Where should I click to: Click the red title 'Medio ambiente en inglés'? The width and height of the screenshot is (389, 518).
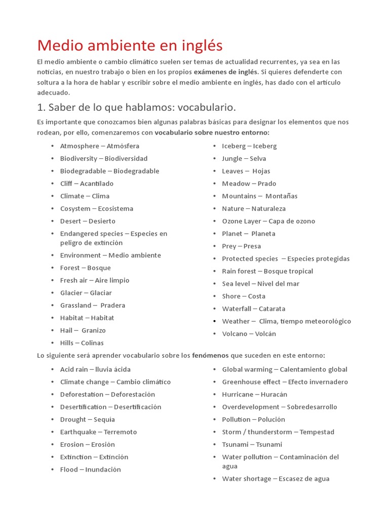[x=130, y=46]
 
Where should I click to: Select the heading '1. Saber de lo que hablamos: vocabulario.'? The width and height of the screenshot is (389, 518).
[x=136, y=107]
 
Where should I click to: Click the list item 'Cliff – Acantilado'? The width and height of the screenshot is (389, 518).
[x=87, y=184]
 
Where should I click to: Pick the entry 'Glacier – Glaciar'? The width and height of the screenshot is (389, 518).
[x=86, y=293]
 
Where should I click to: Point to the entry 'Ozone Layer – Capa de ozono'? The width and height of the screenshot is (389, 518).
[x=268, y=221]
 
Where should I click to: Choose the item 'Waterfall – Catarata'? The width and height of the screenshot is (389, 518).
[x=253, y=309]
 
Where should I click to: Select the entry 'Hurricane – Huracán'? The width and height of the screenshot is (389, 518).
[x=254, y=395]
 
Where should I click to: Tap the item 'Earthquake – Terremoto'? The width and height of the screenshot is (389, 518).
[x=98, y=432]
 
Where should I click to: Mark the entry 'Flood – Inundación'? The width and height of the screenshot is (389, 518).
[x=90, y=469]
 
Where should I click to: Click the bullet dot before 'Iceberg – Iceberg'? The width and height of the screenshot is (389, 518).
[x=214, y=146]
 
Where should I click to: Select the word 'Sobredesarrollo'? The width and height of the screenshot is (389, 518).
[x=312, y=407]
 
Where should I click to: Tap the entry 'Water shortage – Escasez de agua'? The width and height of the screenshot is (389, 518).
[x=276, y=479]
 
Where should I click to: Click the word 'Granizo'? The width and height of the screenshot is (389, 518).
[x=93, y=330]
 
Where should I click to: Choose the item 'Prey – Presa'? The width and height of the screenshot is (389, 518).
[x=241, y=246]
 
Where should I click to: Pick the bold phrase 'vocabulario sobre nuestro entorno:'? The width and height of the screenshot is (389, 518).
[x=212, y=133]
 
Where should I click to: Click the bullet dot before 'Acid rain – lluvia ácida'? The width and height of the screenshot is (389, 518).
[x=53, y=370]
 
